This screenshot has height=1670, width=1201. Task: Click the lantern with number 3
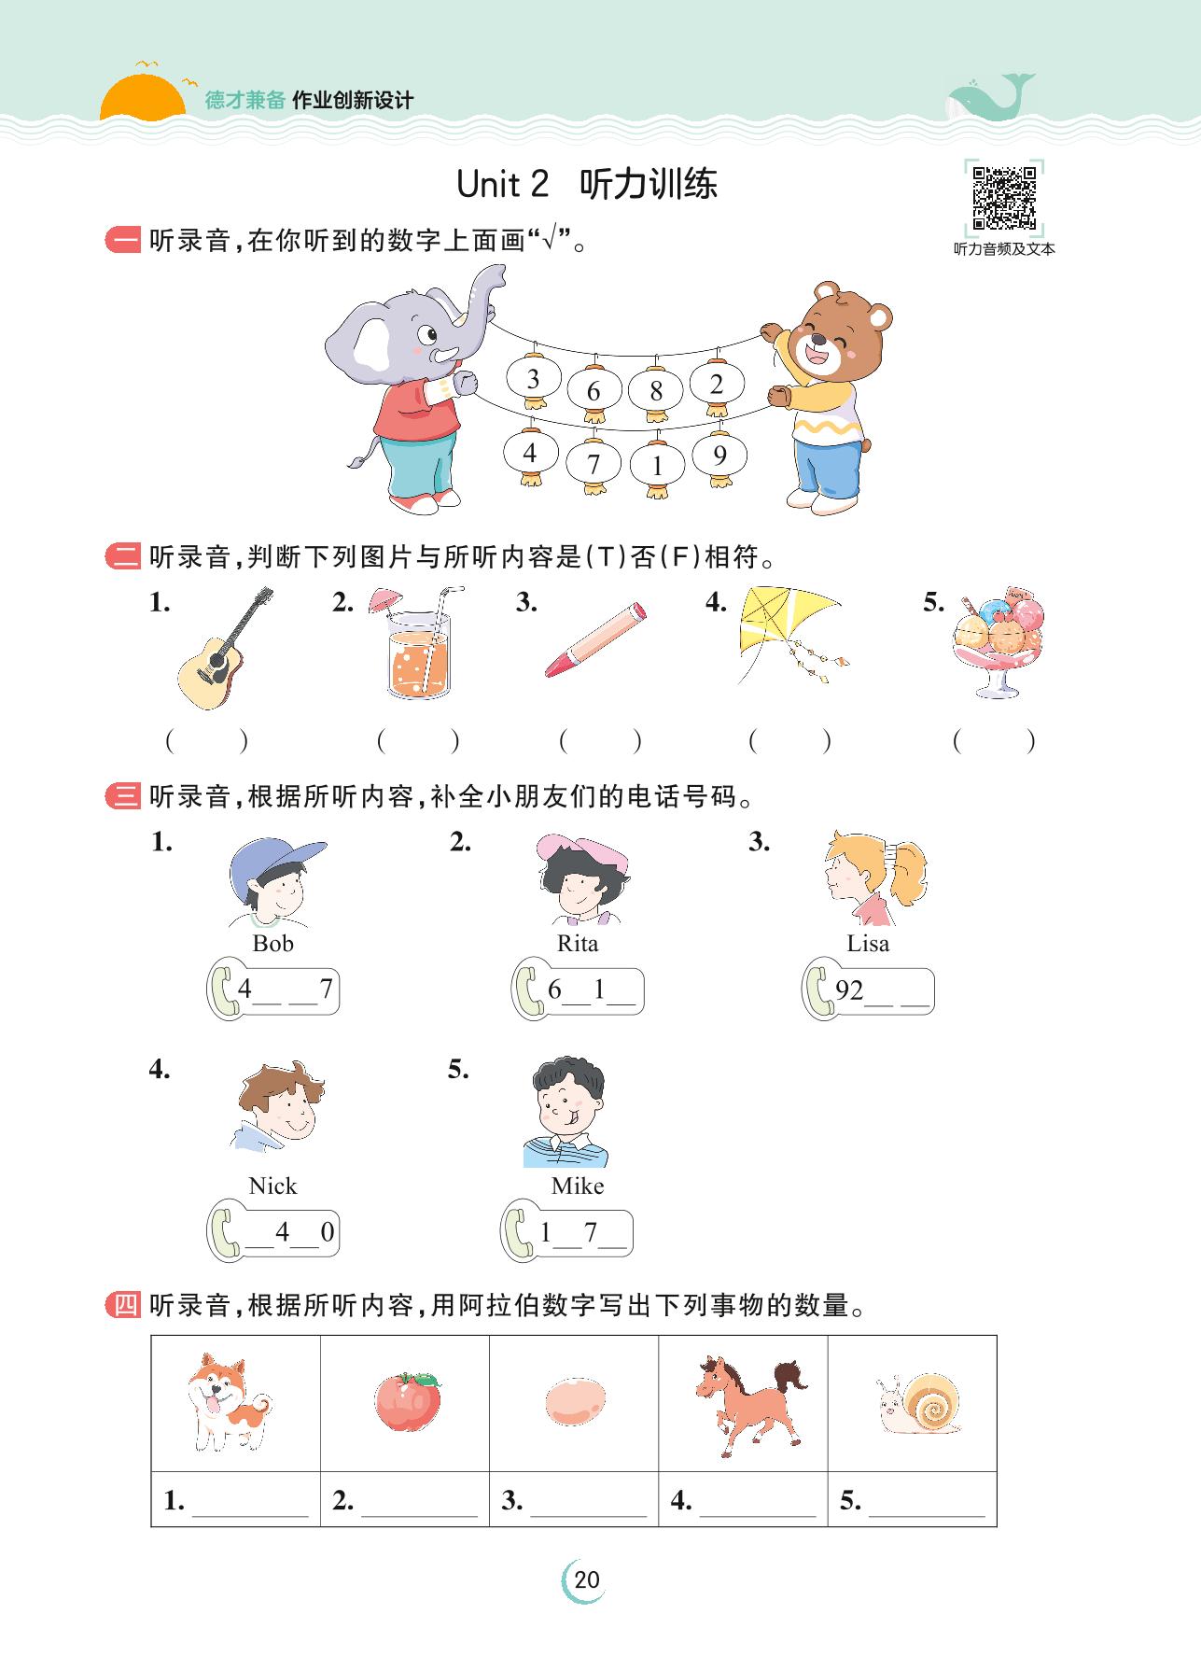533,378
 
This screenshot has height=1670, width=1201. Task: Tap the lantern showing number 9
719,456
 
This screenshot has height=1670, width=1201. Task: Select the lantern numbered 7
594,462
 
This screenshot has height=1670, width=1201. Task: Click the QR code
1004,198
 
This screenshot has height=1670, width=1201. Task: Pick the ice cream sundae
998,642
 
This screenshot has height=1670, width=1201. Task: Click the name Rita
578,943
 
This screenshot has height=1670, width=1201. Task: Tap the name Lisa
868,943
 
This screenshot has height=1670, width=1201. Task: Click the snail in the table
918,1403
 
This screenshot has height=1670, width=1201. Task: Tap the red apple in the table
409,1401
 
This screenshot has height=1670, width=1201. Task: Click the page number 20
587,1579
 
